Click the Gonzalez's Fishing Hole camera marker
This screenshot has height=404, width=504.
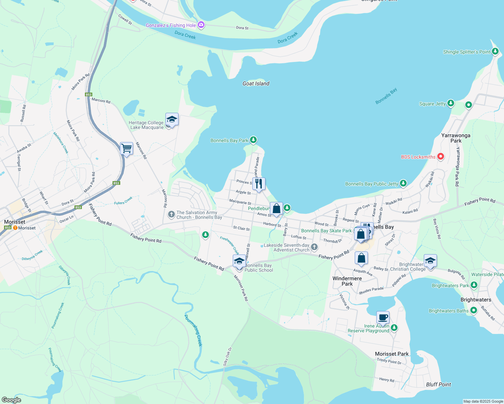coord(201,25)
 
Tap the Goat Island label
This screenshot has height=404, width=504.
coord(256,83)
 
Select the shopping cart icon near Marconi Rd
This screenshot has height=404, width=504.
coord(126,148)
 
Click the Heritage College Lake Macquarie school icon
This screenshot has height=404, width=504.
coord(172,120)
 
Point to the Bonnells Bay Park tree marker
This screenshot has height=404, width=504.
coord(253,140)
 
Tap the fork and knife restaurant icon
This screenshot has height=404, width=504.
coord(259,184)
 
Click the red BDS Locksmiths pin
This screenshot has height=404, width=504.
coord(440,156)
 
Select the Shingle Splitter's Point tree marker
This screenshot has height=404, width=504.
coord(495,52)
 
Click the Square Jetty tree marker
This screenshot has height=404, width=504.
coord(450,103)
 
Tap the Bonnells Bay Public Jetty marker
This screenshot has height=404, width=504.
coord(403,183)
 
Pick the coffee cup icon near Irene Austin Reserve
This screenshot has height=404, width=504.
coord(383,317)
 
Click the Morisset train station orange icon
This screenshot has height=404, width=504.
coord(15,228)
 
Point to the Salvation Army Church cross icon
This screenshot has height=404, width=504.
coord(171,214)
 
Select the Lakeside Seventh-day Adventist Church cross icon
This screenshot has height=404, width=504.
coord(314,247)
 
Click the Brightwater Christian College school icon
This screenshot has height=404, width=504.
coord(430,261)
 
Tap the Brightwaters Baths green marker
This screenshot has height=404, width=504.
coord(473,310)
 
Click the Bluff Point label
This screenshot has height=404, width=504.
coord(438,384)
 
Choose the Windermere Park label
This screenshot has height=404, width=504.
coord(347,281)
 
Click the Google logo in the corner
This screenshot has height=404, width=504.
coord(11,400)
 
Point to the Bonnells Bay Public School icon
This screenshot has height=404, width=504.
coord(239,262)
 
